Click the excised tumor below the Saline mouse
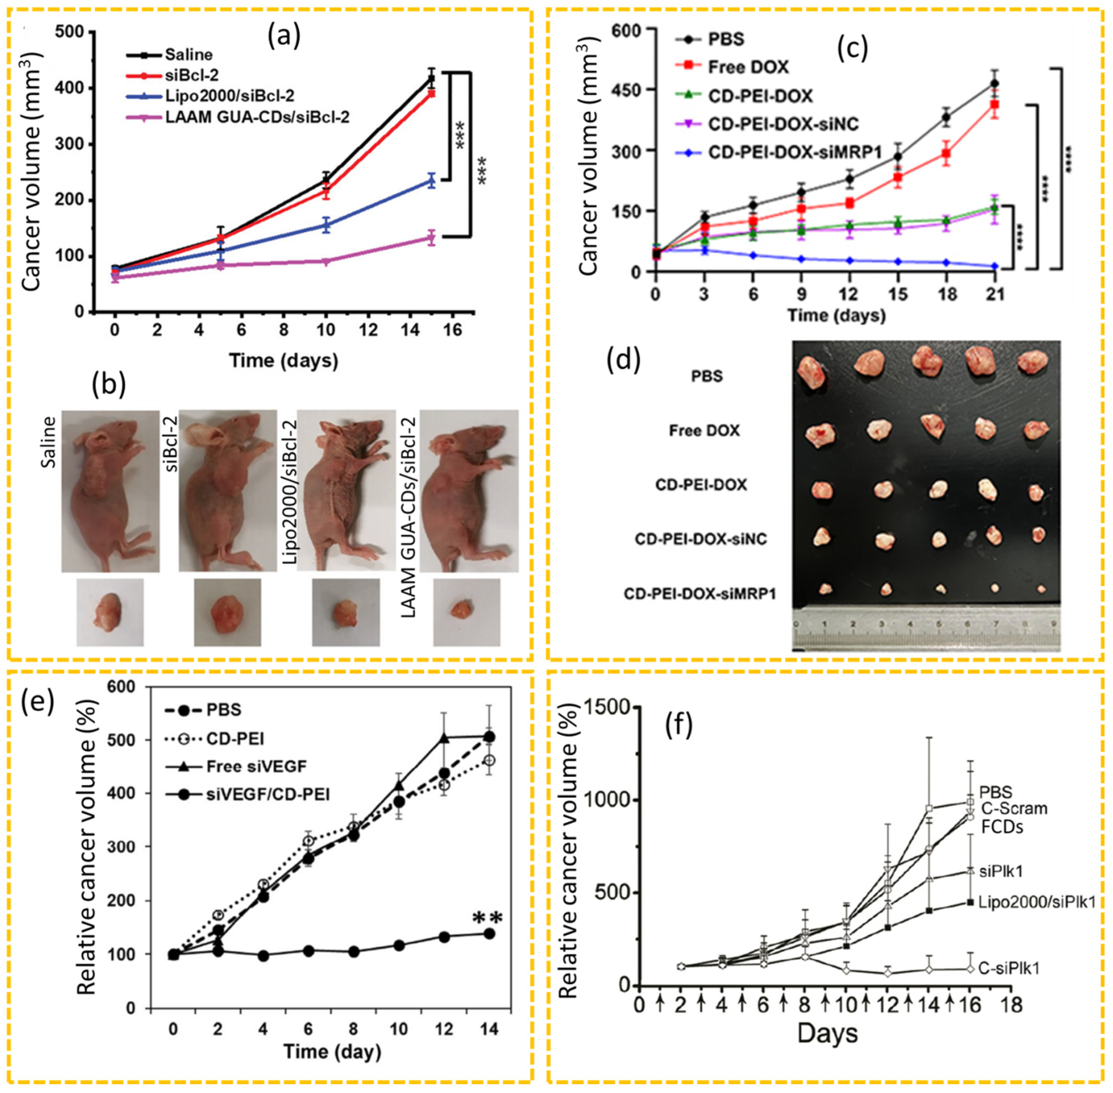(x=110, y=612)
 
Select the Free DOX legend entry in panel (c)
(x=748, y=67)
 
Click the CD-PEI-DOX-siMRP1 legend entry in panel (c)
(x=794, y=152)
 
